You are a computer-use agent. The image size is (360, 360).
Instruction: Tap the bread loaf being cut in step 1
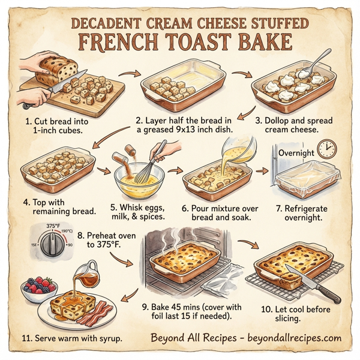pyautogui.click(x=60, y=71)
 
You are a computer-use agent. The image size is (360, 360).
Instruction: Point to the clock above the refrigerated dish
pyautogui.click(x=326, y=149)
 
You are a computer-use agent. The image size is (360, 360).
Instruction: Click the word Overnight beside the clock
pyautogui.click(x=296, y=153)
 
